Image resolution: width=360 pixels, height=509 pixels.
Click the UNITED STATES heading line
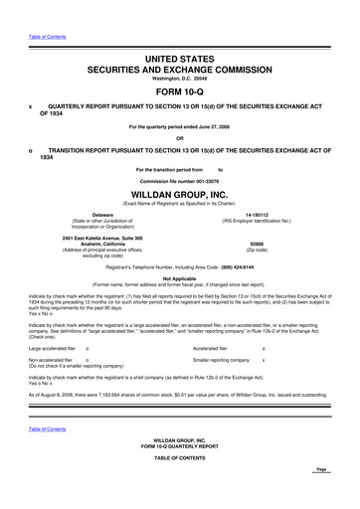[180, 60]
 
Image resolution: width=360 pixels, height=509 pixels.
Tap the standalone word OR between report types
[180, 137]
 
